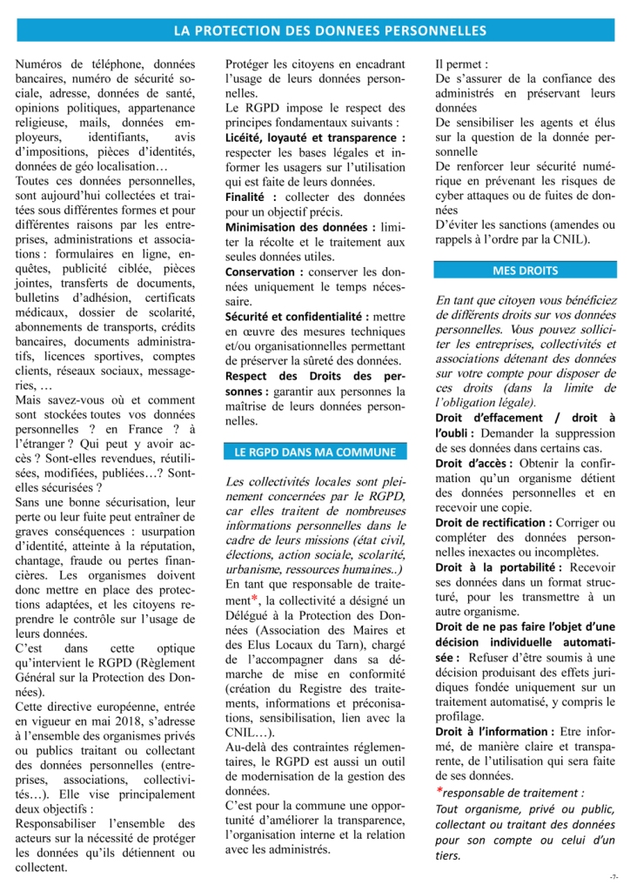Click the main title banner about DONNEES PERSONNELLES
tap(330, 30)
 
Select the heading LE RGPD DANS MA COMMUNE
tap(315, 452)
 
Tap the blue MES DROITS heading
tap(525, 271)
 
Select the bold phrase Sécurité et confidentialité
tap(297, 318)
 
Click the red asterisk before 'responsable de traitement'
tap(439, 792)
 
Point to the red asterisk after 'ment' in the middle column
tap(254, 600)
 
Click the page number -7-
tap(614, 876)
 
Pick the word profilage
tap(460, 716)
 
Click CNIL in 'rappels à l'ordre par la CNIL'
tap(567, 238)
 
